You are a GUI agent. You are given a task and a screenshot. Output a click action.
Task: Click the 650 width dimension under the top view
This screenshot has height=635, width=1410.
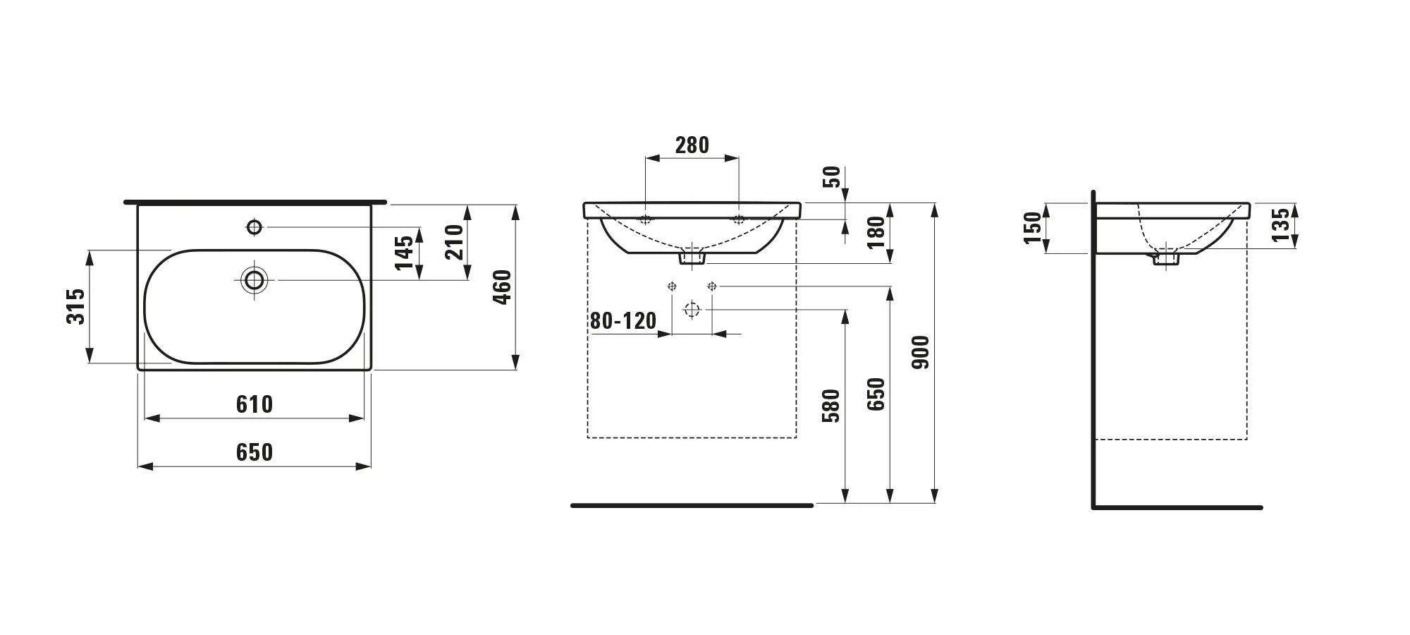click(254, 452)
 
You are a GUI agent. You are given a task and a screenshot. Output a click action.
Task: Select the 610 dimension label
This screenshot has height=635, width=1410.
click(254, 404)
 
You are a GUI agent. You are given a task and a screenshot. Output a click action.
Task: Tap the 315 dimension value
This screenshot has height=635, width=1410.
click(75, 306)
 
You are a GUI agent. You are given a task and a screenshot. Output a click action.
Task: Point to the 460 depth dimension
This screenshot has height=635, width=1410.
click(502, 286)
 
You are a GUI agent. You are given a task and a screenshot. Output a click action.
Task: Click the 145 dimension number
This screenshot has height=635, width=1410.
click(404, 253)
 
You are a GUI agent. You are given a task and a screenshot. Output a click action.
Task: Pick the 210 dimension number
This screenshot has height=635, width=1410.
click(455, 241)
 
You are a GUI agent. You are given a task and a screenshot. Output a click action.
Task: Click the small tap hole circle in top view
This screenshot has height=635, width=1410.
click(255, 226)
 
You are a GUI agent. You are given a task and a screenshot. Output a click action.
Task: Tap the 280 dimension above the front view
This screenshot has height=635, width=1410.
click(692, 145)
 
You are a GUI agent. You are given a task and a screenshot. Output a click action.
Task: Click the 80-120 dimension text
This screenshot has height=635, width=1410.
click(623, 321)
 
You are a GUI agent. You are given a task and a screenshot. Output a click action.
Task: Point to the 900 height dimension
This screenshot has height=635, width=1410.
click(921, 352)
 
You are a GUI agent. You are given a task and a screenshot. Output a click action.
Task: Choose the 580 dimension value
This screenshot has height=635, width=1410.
click(832, 406)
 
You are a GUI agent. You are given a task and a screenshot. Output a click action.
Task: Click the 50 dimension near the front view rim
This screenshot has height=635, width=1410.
click(833, 176)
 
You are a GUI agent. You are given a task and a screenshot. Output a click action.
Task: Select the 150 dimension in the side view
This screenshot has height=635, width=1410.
click(1032, 228)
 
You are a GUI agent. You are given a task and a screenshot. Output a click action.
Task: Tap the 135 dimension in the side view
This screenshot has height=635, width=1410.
click(1282, 224)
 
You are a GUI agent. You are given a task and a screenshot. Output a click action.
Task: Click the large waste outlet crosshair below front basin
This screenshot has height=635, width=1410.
click(692, 309)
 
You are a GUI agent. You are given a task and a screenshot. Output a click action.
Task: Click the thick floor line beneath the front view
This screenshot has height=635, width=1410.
click(692, 505)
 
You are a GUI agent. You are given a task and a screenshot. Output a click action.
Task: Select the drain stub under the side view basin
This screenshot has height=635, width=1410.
click(1165, 259)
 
